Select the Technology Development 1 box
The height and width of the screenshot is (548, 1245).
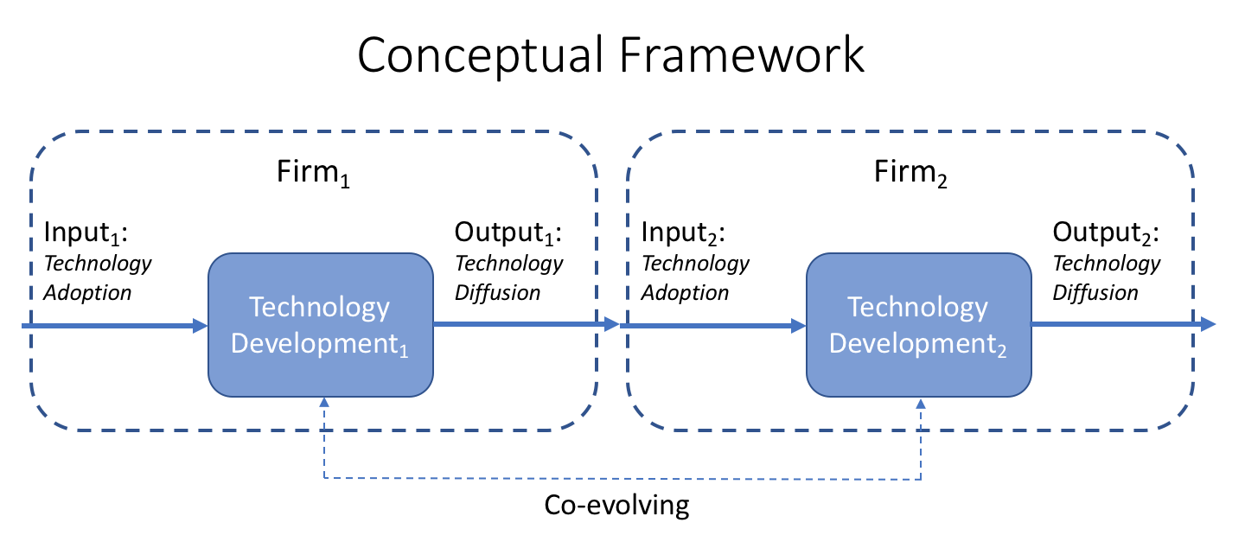[x=320, y=325]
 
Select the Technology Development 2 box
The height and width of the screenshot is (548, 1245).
[x=918, y=325]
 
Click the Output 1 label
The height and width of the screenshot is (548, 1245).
[x=508, y=234]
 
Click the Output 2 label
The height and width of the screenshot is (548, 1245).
[x=1106, y=234]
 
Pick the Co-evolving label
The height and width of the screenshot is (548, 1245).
[x=617, y=506]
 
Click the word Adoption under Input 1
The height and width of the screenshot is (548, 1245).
[x=87, y=292]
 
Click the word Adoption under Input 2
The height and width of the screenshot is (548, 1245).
[x=685, y=292]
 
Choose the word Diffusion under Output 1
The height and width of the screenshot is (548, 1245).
[x=498, y=292]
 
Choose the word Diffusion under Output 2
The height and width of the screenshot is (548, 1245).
[x=1095, y=292]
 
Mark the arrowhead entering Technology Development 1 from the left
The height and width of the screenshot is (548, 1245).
[x=201, y=326]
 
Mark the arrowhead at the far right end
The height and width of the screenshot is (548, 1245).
[x=1209, y=325]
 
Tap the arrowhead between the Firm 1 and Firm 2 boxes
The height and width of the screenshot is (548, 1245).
[x=612, y=325]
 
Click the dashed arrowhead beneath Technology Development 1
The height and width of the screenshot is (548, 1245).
[x=324, y=403]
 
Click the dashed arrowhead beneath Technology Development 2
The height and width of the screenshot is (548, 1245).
[x=922, y=403]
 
